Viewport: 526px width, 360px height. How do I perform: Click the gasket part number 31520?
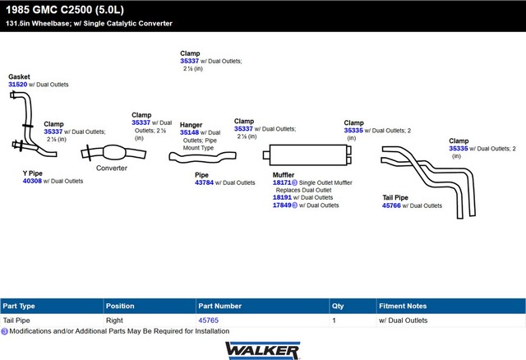click(17, 85)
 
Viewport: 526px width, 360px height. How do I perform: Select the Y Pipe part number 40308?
click(32, 181)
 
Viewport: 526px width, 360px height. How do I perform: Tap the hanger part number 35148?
click(190, 132)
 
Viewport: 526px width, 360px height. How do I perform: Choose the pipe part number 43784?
click(205, 182)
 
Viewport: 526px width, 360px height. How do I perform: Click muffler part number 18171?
click(282, 182)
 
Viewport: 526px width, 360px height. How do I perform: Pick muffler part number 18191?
click(282, 197)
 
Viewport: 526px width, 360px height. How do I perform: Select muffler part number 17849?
click(282, 205)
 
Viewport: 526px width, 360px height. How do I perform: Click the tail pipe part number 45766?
click(392, 205)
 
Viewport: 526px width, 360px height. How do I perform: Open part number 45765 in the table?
click(208, 321)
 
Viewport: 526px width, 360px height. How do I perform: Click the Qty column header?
click(337, 306)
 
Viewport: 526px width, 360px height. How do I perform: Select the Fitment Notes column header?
click(403, 306)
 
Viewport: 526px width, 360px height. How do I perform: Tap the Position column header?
click(120, 306)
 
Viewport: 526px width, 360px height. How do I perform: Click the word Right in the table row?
click(114, 321)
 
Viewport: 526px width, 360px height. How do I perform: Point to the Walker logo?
click(262, 349)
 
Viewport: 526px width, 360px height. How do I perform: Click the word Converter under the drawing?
click(112, 168)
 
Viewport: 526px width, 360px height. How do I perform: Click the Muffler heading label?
click(284, 174)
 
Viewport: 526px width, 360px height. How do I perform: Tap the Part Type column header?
click(19, 306)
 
